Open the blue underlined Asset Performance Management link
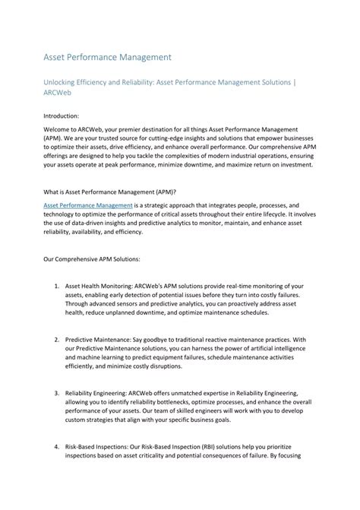87,205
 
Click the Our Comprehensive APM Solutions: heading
96,259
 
